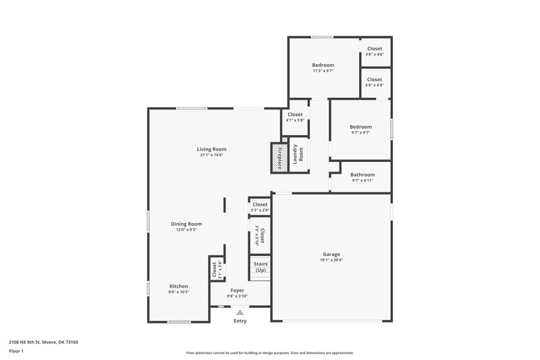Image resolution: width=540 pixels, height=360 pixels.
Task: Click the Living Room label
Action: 211,149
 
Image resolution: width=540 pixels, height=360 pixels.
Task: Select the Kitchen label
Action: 178,286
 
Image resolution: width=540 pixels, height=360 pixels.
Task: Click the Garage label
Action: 331,255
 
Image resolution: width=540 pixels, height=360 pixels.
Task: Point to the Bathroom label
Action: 362,175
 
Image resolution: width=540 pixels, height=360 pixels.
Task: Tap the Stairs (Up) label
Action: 261,266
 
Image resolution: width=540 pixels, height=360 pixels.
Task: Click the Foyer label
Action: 238,290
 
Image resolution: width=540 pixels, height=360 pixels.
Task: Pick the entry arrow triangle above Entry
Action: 240,312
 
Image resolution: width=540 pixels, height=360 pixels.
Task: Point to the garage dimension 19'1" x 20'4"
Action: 331,260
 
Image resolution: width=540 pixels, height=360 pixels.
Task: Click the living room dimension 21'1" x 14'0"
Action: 211,155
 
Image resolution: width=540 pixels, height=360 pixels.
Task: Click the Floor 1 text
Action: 16,351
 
